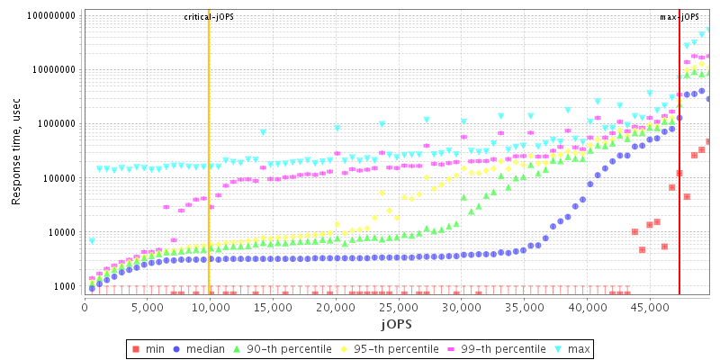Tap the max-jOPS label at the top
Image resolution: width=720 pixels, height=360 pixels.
tap(679, 17)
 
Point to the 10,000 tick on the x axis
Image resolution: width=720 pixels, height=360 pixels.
tap(209, 309)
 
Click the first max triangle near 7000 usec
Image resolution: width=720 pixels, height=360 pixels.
tap(92, 240)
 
